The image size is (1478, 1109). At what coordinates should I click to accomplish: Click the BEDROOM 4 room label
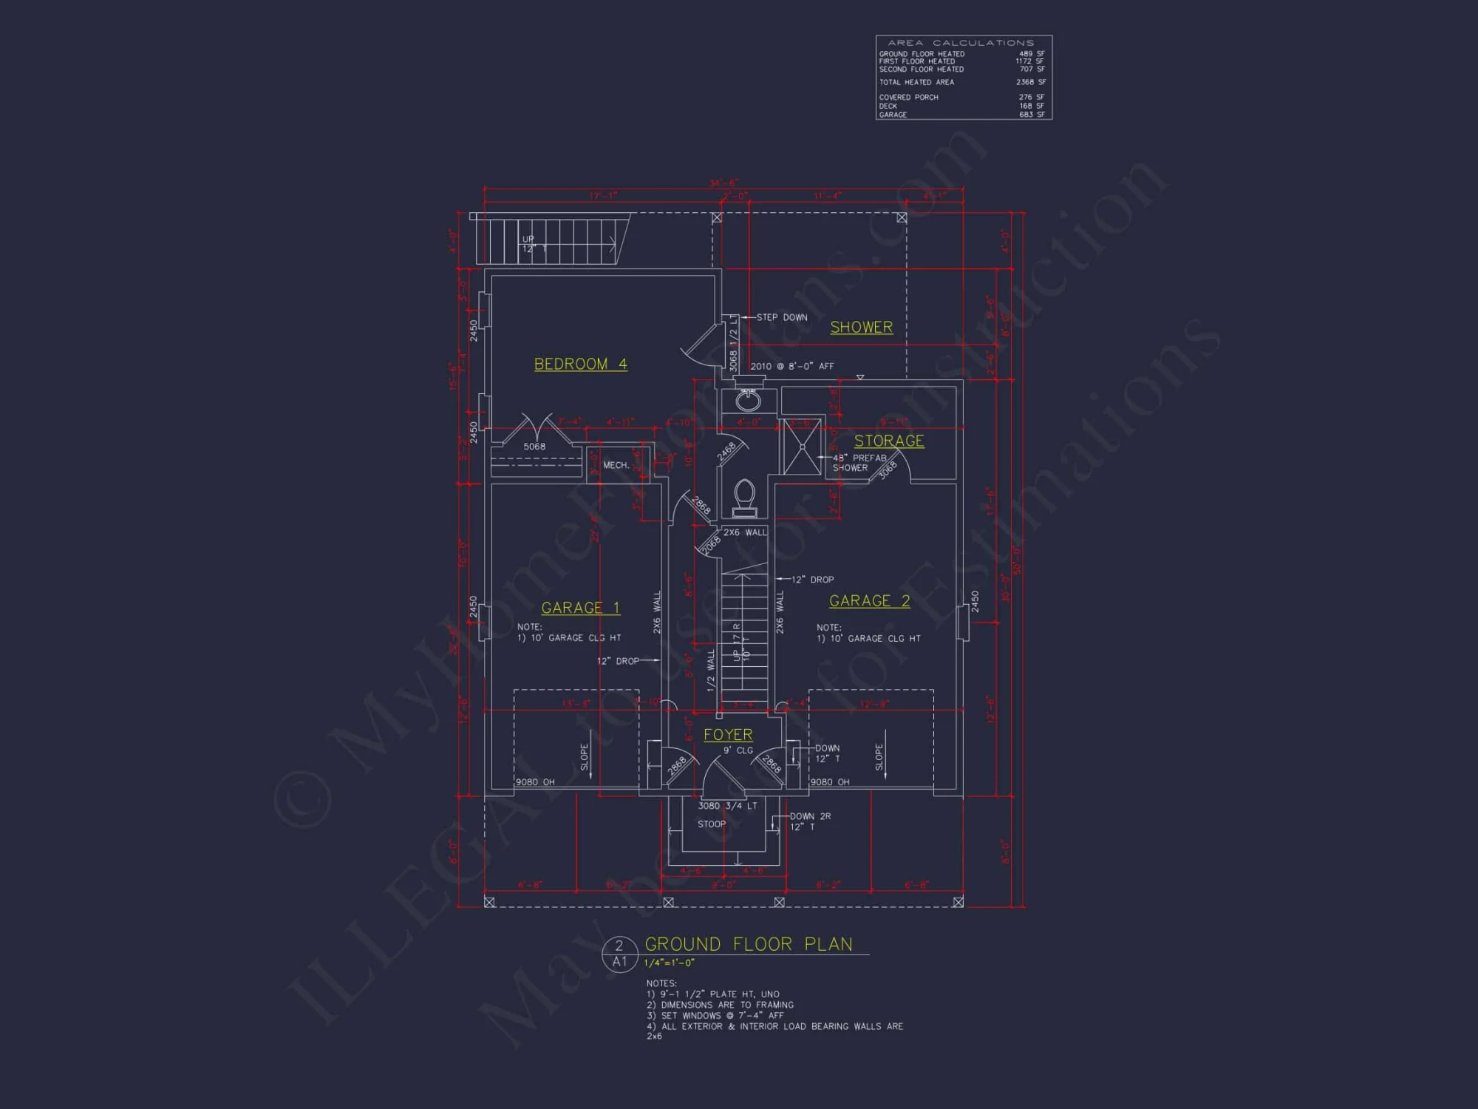580,364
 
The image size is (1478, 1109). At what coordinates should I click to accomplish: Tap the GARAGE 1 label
580,608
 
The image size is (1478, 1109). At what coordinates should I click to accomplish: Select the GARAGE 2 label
869,601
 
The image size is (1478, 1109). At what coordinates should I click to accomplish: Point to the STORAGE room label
889,441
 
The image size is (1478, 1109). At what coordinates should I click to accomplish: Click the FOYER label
728,735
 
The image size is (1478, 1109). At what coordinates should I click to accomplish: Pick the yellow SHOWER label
861,327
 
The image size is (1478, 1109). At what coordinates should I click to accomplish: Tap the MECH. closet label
616,465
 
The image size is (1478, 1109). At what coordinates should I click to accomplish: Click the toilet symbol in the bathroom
744,498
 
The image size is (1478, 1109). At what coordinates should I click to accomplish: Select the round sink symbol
748,401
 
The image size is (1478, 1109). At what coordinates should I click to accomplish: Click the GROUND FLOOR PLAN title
749,944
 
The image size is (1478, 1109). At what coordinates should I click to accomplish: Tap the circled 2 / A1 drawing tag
619,954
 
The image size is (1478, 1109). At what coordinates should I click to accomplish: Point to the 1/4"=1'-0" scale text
669,963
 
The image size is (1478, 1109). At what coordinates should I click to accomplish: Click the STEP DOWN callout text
782,317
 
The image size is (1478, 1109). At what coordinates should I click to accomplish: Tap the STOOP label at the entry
712,824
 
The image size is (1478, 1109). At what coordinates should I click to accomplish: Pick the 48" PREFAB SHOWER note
859,463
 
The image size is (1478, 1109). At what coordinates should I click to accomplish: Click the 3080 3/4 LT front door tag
727,806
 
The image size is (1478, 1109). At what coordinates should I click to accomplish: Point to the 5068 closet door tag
534,447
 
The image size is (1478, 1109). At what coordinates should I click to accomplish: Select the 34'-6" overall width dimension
723,183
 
